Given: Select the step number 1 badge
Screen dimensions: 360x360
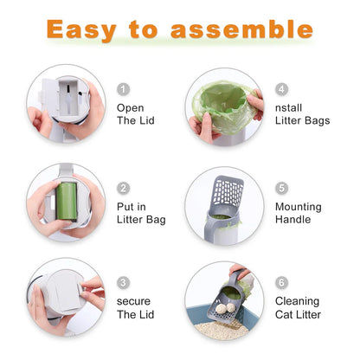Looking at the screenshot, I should coord(123,89).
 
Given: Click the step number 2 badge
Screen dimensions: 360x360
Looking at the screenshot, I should coord(123,188).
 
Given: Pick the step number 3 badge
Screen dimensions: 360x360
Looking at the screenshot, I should coord(123,282).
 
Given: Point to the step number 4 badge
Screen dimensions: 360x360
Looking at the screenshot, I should coord(282,89).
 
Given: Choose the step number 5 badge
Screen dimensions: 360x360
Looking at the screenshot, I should coord(282,187).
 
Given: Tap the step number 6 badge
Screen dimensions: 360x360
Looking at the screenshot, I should coord(282,282).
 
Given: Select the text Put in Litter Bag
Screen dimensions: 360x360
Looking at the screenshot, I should coord(140,213).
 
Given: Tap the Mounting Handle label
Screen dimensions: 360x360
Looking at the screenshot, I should coord(298,213).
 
